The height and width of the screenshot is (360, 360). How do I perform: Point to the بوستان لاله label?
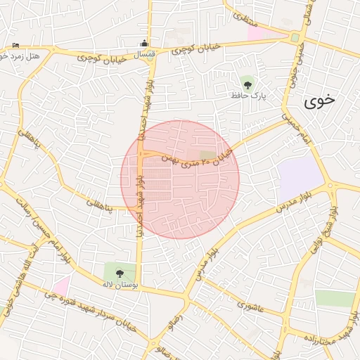coord(114,284)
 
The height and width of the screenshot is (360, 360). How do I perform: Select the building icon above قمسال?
coord(145,43)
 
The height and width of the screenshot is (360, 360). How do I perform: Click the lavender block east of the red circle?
coord(299,179)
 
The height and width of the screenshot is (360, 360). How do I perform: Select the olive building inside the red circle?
coord(207,155)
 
